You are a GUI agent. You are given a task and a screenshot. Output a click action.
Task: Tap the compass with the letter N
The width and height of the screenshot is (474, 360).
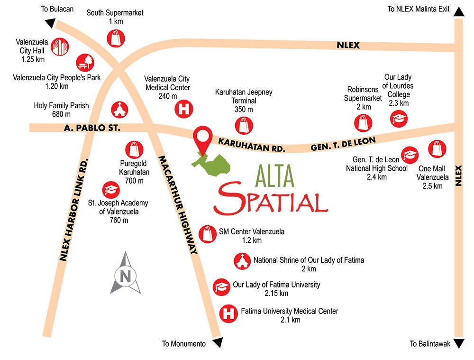(125, 274)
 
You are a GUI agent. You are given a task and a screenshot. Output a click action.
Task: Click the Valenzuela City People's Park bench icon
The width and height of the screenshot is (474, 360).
(86, 63)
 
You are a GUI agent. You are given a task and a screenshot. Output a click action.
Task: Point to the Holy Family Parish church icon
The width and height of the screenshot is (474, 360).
(119, 110)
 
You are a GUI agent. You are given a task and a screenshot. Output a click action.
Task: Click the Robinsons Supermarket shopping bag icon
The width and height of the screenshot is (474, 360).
(364, 123)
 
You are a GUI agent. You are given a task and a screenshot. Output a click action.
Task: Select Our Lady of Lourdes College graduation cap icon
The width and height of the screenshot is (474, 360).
(399, 119)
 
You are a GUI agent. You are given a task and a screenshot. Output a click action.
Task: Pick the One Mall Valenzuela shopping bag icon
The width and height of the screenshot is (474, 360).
(437, 149)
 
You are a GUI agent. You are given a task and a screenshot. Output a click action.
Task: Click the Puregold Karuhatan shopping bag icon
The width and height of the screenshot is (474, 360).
(133, 149)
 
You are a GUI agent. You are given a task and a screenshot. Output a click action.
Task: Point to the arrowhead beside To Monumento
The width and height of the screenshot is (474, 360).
(218, 343)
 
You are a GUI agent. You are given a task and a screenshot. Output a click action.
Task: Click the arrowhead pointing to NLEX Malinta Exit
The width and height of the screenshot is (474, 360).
(458, 11)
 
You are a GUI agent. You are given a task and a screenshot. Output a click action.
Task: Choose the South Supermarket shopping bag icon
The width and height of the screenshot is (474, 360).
(115, 38)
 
